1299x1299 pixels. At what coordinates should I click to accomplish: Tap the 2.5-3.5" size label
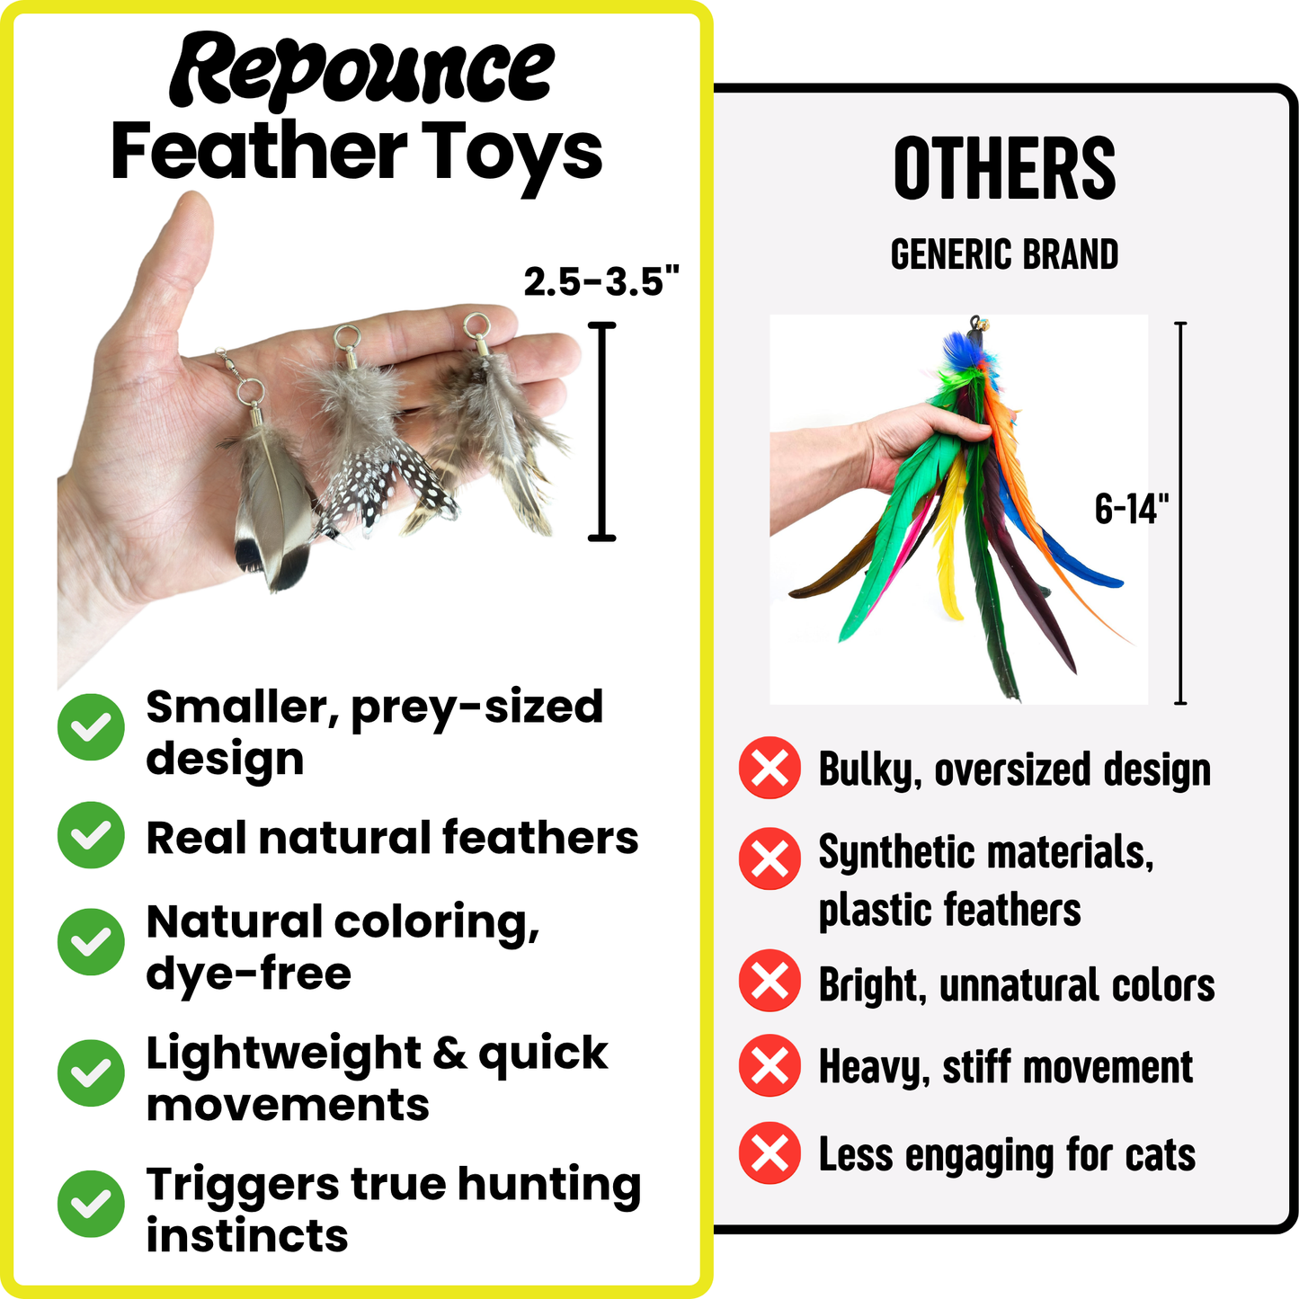coord(601,281)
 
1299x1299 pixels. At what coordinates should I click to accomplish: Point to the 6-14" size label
coord(1131,509)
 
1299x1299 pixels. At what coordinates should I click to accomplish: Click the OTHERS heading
coord(1004,169)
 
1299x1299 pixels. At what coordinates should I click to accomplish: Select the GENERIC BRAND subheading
coord(1004,254)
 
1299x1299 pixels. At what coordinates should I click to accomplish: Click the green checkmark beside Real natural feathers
coord(91,835)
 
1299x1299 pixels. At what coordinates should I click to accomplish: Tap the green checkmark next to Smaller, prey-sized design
coord(91,727)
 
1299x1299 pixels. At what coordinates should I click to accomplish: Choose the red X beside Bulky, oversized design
coord(770,769)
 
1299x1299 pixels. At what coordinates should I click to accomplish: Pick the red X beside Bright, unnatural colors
coord(770,981)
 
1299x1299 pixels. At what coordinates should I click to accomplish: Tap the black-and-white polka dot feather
coord(378,490)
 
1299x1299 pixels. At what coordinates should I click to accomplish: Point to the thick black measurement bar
coord(601,432)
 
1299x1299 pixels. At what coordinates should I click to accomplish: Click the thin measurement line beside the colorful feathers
coord(1180,512)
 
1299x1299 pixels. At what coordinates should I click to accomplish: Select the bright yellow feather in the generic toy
coord(951,539)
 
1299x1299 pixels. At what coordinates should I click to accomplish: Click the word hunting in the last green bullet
coord(548,1184)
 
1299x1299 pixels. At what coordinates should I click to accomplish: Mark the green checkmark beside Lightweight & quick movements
coord(91,1072)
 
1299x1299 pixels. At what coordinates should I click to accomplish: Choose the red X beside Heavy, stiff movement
coord(770,1066)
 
